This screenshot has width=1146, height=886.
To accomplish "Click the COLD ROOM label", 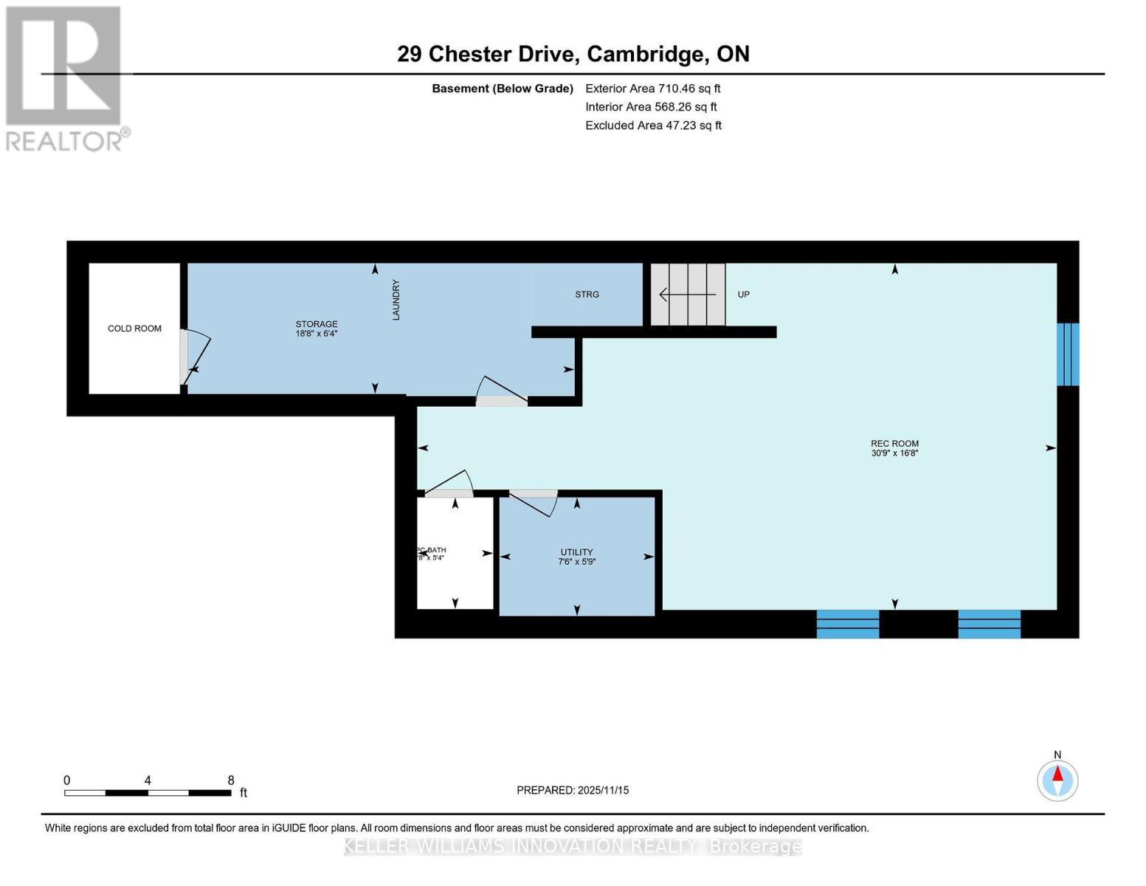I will (134, 329).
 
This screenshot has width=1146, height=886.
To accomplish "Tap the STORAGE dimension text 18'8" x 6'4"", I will (317, 334).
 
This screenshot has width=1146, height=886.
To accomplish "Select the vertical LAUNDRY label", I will (396, 299).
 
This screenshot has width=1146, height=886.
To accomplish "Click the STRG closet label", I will (587, 295).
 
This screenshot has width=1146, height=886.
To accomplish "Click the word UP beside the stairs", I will (744, 295).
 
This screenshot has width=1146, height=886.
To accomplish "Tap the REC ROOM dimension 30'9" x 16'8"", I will (894, 453).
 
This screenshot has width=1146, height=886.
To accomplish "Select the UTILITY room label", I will (576, 552).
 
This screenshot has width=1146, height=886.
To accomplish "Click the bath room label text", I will (431, 550).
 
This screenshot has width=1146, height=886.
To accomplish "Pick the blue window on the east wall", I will (1068, 354).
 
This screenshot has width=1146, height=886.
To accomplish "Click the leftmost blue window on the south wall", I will (847, 624).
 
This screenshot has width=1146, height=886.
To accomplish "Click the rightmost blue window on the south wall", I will (989, 624).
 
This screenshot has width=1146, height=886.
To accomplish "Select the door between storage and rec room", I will (502, 392).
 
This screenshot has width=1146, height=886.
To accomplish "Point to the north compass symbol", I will (1057, 780).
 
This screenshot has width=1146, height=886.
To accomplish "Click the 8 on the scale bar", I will (231, 780).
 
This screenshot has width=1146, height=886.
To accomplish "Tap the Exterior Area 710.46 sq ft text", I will (652, 89).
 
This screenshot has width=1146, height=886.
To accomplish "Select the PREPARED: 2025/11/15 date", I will (573, 790).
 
